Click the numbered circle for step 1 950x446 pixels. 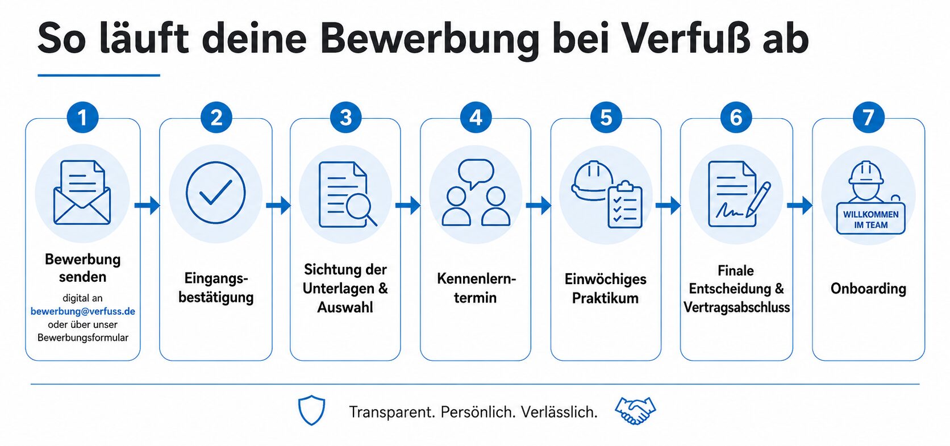[83, 118]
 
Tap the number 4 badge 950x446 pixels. [476, 118]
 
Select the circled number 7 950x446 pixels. [869, 118]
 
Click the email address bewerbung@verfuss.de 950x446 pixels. [83, 311]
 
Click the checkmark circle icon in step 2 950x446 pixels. [215, 193]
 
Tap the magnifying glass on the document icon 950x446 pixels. [361, 209]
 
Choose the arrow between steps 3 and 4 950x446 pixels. [407, 206]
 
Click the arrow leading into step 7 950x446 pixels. [799, 206]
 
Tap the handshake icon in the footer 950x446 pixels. [635, 410]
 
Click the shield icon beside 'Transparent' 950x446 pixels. [312, 410]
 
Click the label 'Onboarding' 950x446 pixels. [868, 289]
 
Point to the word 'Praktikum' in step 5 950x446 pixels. [605, 298]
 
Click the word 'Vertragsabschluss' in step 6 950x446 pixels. [737, 307]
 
